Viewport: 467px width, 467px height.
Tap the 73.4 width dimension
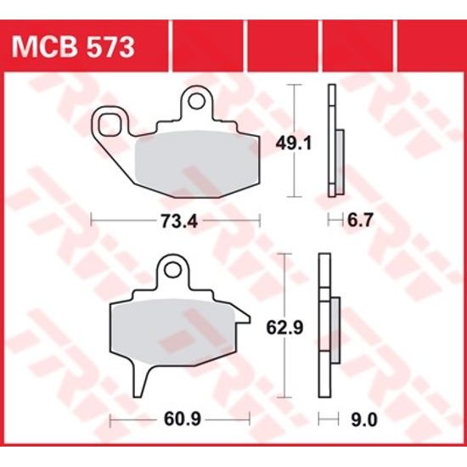tap(176, 222)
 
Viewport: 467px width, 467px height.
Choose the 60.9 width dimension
tap(179, 419)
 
